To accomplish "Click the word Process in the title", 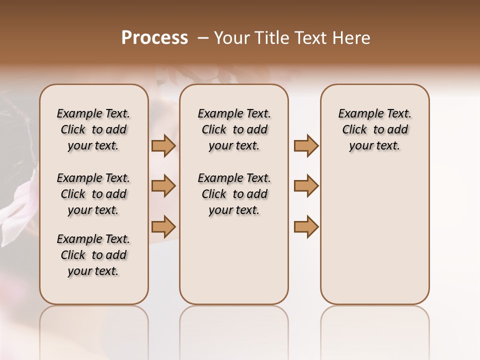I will (154, 38).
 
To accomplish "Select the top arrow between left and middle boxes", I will (163, 146).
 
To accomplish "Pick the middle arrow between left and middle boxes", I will (163, 186).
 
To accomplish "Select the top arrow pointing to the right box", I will (306, 146).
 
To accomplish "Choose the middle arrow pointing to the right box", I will (306, 186).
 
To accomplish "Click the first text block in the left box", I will (93, 129).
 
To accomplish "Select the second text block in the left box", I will (93, 194).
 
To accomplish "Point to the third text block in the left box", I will (93, 255).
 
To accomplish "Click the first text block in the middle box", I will (234, 129).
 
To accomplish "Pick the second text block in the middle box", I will (234, 194).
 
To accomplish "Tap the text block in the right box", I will (375, 129).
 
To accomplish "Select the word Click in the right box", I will (354, 130).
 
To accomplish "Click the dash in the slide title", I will (202, 38).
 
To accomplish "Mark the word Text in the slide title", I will (311, 38).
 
